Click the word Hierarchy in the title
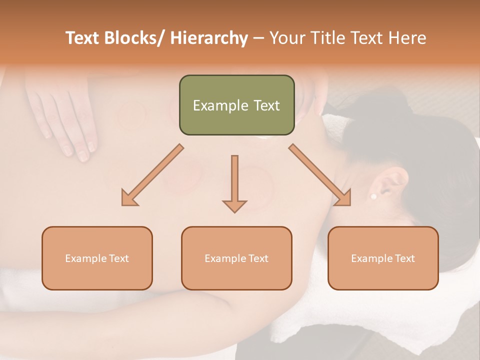209,38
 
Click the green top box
236,105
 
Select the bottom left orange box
97,258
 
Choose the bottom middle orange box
236,258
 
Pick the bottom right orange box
383,258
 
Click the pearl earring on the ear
373,196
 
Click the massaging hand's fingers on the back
75,135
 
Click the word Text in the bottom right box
404,258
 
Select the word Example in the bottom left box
85,258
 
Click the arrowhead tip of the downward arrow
234,210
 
